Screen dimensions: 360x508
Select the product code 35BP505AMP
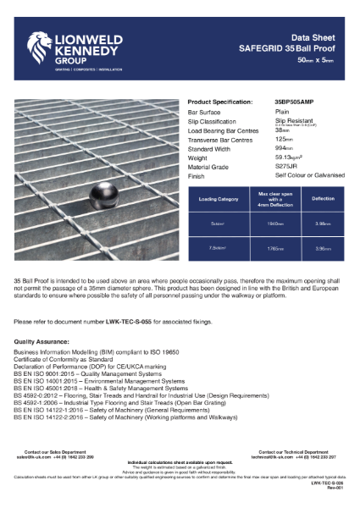(294, 101)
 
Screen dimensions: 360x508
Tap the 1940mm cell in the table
(270, 224)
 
